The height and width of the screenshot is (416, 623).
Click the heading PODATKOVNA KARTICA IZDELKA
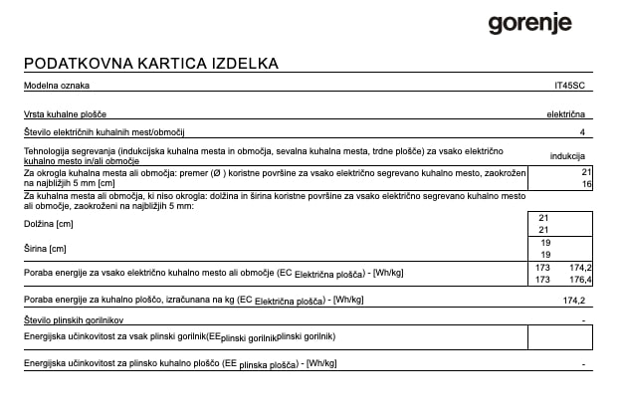click(150, 65)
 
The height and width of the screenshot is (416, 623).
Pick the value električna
click(565, 115)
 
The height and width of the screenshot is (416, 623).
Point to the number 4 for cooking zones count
click(582, 131)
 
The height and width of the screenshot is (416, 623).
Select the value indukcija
click(567, 156)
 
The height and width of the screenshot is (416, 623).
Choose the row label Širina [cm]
click(44, 248)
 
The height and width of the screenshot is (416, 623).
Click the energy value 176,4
click(580, 280)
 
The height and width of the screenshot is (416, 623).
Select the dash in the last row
click(582, 364)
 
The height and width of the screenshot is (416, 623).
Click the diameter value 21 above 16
click(586, 173)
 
